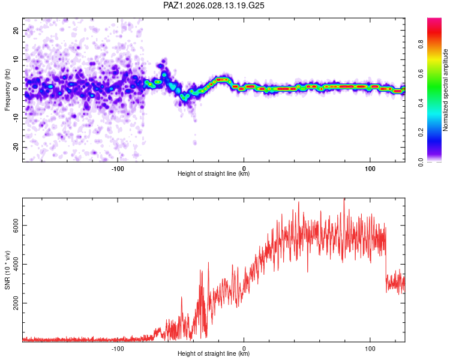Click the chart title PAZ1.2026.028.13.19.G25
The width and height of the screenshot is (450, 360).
(x=214, y=5)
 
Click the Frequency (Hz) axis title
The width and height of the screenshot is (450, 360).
(x=7, y=89)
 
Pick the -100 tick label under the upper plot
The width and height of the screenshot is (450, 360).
(x=118, y=168)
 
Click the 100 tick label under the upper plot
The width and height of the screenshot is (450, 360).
(x=370, y=168)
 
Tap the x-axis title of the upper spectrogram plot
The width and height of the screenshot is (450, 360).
(x=214, y=174)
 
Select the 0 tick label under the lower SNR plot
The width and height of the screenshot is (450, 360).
(x=244, y=349)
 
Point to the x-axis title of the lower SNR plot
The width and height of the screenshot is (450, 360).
(x=214, y=355)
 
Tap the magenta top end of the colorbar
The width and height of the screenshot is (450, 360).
(x=434, y=20)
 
